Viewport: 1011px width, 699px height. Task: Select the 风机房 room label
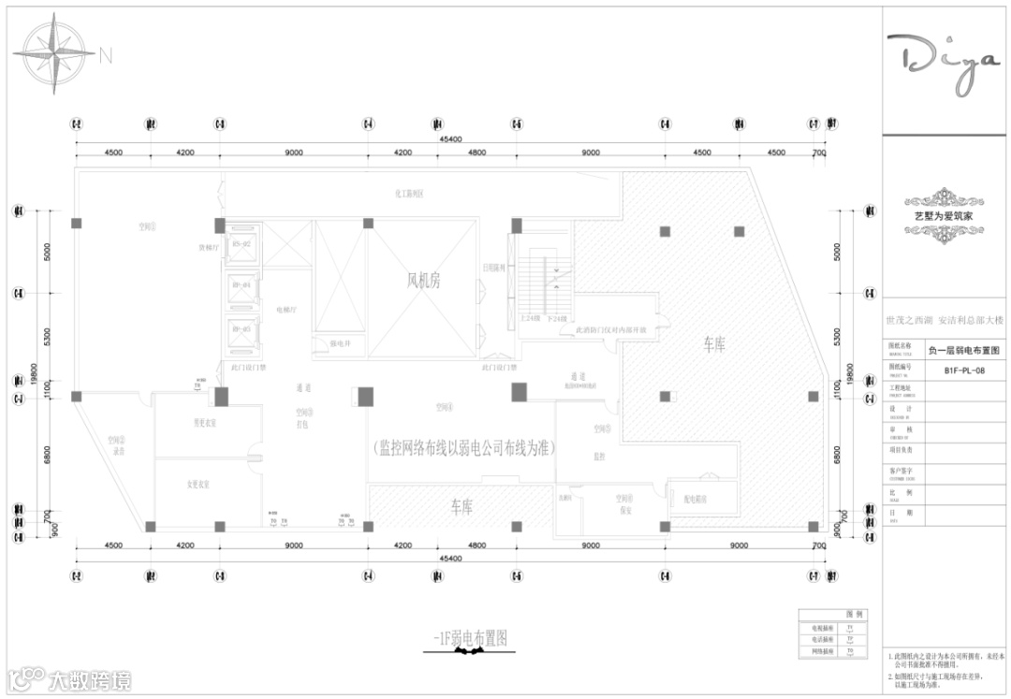coord(423,280)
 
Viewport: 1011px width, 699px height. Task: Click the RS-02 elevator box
coord(242,245)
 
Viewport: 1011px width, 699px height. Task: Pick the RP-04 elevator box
coord(242,286)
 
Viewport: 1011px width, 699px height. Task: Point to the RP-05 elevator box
coord(242,330)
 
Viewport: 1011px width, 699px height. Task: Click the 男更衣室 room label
coord(205,423)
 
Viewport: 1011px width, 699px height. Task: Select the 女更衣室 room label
coord(197,484)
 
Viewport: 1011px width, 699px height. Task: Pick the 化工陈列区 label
coord(410,194)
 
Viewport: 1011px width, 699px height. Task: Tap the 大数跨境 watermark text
coord(90,680)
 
